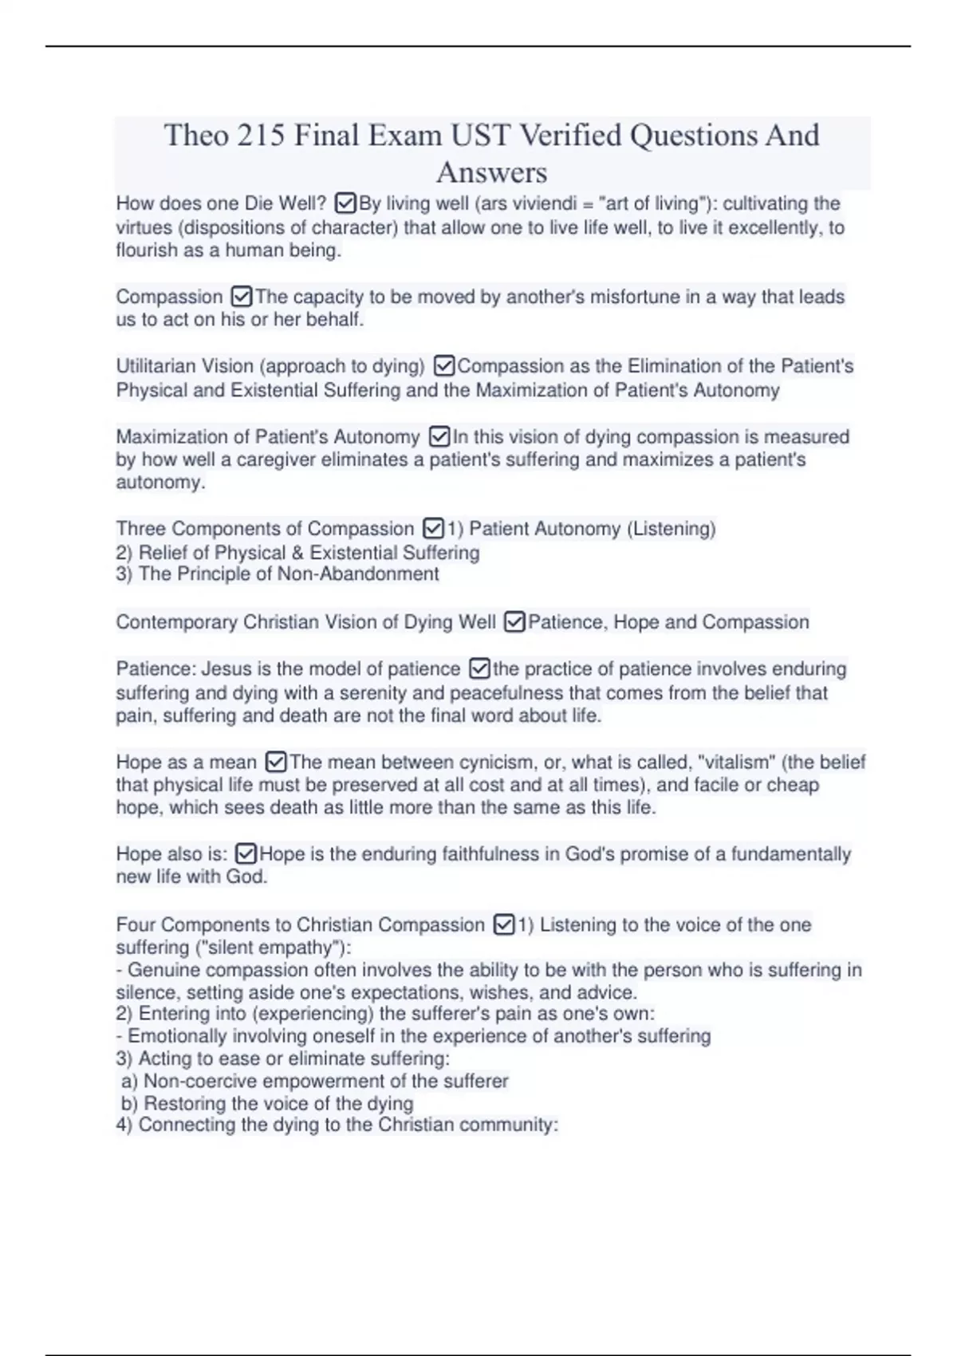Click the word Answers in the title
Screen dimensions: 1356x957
pyautogui.click(x=491, y=172)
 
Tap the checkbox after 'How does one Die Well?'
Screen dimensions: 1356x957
pyautogui.click(x=345, y=203)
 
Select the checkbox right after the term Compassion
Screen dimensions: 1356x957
pyautogui.click(x=241, y=297)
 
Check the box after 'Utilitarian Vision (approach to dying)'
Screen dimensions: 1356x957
pyautogui.click(x=444, y=366)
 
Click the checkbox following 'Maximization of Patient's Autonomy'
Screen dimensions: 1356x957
pyautogui.click(x=439, y=437)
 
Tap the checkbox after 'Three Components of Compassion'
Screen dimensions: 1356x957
pyautogui.click(x=433, y=529)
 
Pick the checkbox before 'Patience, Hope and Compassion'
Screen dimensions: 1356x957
pyautogui.click(x=514, y=622)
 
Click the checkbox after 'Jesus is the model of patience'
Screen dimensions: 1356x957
pyautogui.click(x=479, y=668)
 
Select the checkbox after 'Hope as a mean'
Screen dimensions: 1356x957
pyautogui.click(x=275, y=763)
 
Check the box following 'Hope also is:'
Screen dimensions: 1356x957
pyautogui.click(x=246, y=854)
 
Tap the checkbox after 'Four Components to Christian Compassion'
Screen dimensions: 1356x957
pyautogui.click(x=503, y=925)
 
